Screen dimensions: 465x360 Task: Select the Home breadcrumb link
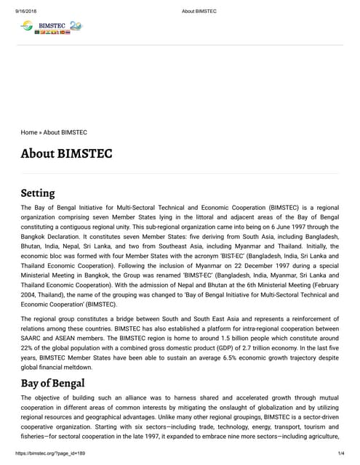click(29, 132)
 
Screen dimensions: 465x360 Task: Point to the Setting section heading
click(38, 193)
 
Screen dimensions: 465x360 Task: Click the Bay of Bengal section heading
click(53, 382)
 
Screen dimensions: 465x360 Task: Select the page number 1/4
click(340, 453)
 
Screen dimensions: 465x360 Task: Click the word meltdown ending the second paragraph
click(101, 368)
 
